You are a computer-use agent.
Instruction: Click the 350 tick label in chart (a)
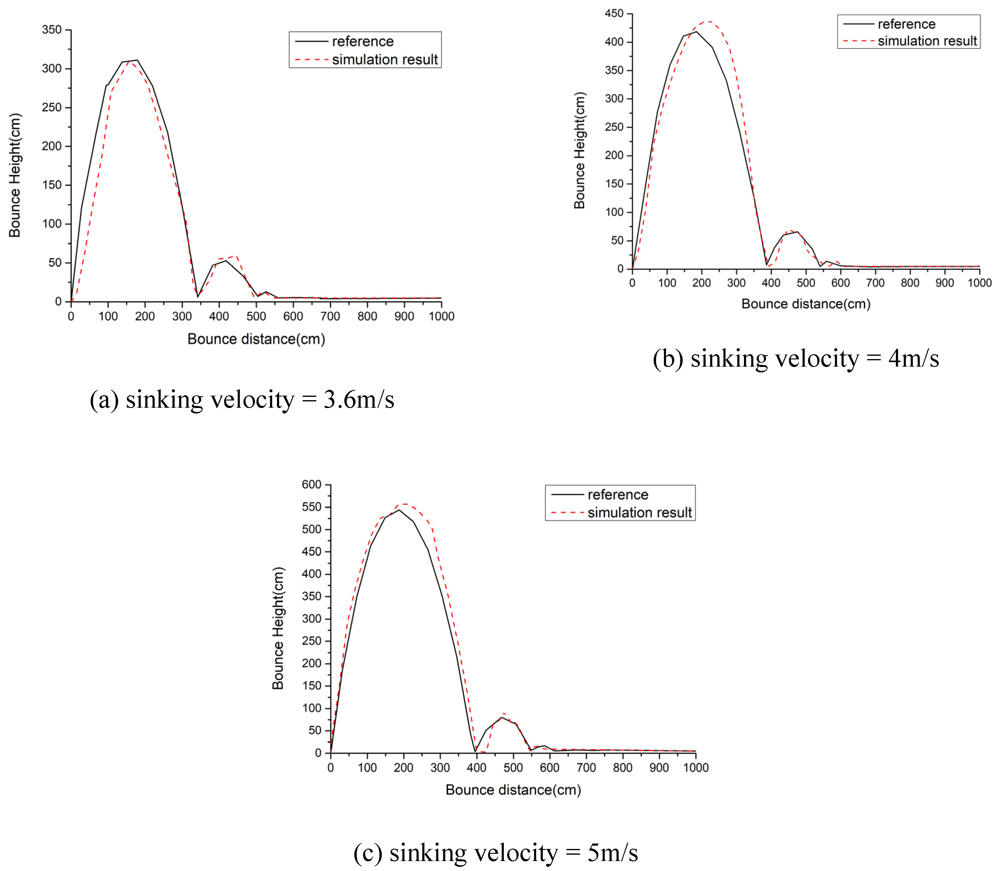pyautogui.click(x=52, y=30)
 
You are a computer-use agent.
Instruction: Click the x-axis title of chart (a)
pyautogui.click(x=256, y=339)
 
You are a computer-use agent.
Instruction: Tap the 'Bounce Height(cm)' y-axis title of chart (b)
pyautogui.click(x=579, y=151)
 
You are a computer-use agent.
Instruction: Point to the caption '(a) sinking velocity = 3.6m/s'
pyautogui.click(x=242, y=400)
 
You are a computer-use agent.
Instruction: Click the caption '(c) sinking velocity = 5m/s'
pyautogui.click(x=495, y=853)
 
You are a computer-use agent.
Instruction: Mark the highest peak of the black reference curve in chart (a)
pyautogui.click(x=137, y=60)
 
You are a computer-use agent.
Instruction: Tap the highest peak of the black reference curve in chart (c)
pyautogui.click(x=399, y=509)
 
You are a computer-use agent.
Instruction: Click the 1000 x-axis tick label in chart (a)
pyautogui.click(x=441, y=317)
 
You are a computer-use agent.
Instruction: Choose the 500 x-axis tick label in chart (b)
pyautogui.click(x=806, y=283)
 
